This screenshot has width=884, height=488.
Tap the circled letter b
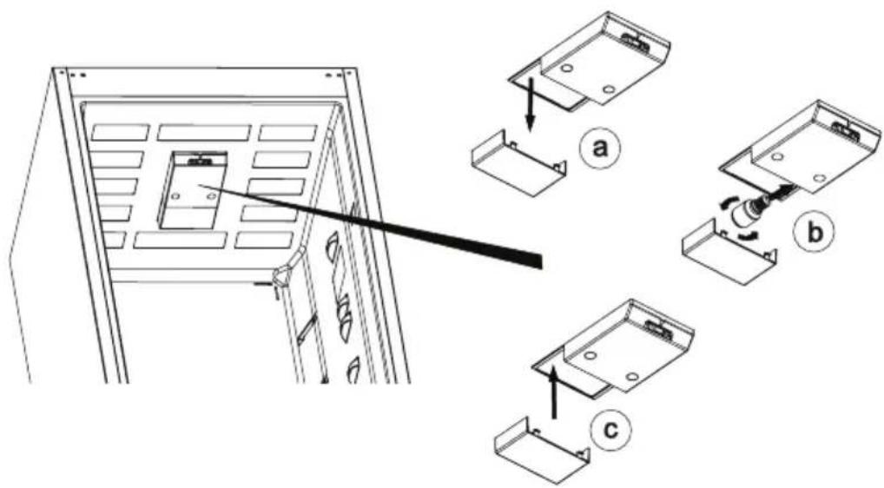pyautogui.click(x=813, y=232)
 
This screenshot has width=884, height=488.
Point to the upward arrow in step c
pyautogui.click(x=554, y=391)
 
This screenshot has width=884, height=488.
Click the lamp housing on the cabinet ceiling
pyautogui.click(x=193, y=190)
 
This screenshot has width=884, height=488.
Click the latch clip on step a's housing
pyautogui.click(x=635, y=40)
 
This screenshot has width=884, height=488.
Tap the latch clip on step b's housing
pyautogui.click(x=846, y=131)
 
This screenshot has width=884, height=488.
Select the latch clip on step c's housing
pyautogui.click(x=657, y=328)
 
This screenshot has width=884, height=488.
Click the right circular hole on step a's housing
pyautogui.click(x=608, y=89)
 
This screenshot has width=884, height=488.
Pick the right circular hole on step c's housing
pyautogui.click(x=631, y=376)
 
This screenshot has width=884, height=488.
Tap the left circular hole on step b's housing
pyautogui.click(x=777, y=157)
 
